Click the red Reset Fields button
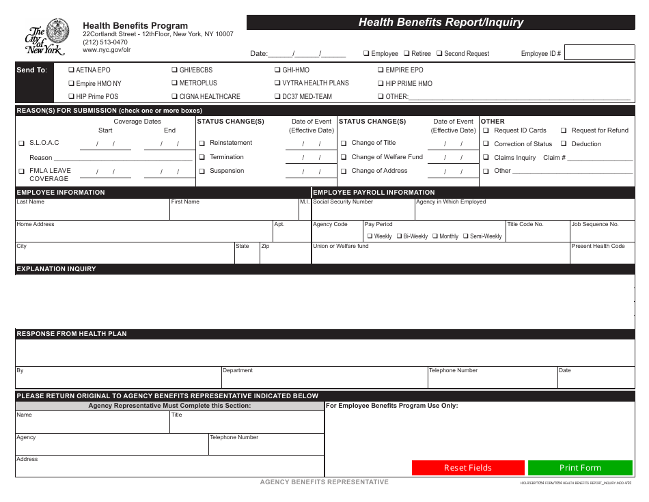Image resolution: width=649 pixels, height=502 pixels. (x=468, y=468)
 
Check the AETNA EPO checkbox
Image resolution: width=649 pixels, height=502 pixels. (x=72, y=70)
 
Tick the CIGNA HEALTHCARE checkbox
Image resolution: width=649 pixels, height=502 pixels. (x=175, y=97)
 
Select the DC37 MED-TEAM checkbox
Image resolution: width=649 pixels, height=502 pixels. (x=278, y=97)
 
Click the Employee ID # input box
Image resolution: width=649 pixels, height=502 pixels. (x=599, y=53)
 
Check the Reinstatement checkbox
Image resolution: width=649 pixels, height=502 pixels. (x=202, y=143)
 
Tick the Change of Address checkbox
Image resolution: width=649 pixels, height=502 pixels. (x=344, y=171)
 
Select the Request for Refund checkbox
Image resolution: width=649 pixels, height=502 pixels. (x=564, y=130)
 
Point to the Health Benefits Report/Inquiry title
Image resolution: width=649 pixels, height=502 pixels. (x=441, y=23)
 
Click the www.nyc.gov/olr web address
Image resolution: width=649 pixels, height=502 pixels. (x=107, y=50)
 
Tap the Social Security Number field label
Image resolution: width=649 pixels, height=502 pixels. (x=343, y=202)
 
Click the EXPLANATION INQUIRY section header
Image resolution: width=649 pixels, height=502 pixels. (x=56, y=269)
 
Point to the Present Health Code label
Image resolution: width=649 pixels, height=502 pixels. (x=598, y=246)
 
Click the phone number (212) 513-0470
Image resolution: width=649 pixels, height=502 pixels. (x=105, y=42)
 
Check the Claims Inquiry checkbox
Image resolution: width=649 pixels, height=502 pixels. (x=486, y=158)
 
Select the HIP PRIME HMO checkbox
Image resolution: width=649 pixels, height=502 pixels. (x=381, y=84)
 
